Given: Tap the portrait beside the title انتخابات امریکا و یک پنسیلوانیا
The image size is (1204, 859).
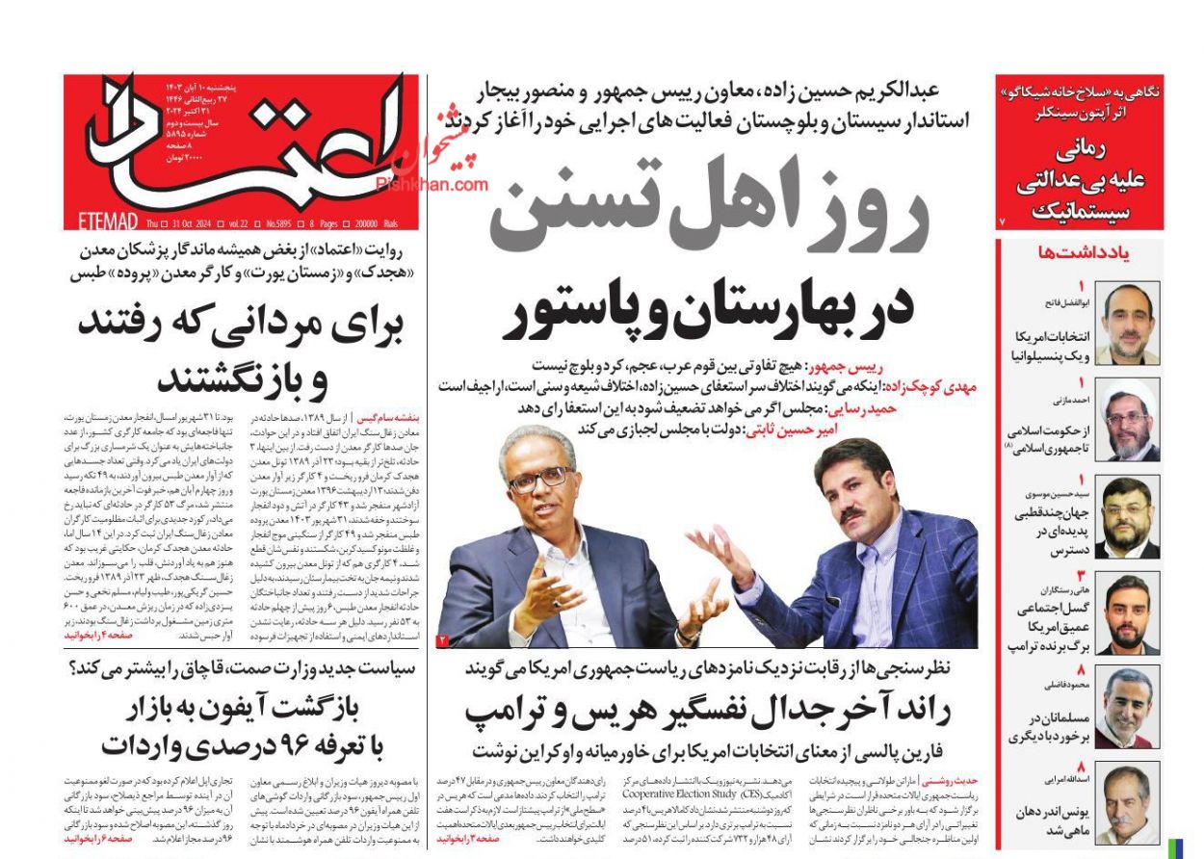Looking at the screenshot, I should point(1128,323).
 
